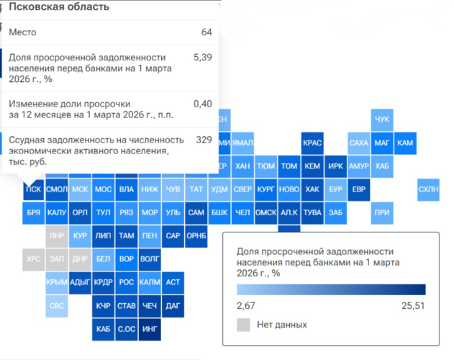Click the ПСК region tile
(33, 189)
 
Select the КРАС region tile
(312, 143)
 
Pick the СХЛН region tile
(429, 189)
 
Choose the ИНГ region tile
(150, 329)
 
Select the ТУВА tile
(312, 212)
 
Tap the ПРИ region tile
(382, 212)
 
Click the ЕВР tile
(358, 189)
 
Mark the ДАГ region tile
(173, 306)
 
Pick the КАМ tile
(405, 143)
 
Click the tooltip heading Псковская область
(59, 7)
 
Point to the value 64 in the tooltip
(206, 32)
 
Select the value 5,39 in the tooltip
(203, 57)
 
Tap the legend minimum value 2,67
(246, 305)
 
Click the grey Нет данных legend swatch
(243, 325)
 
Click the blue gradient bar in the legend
(331, 289)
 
